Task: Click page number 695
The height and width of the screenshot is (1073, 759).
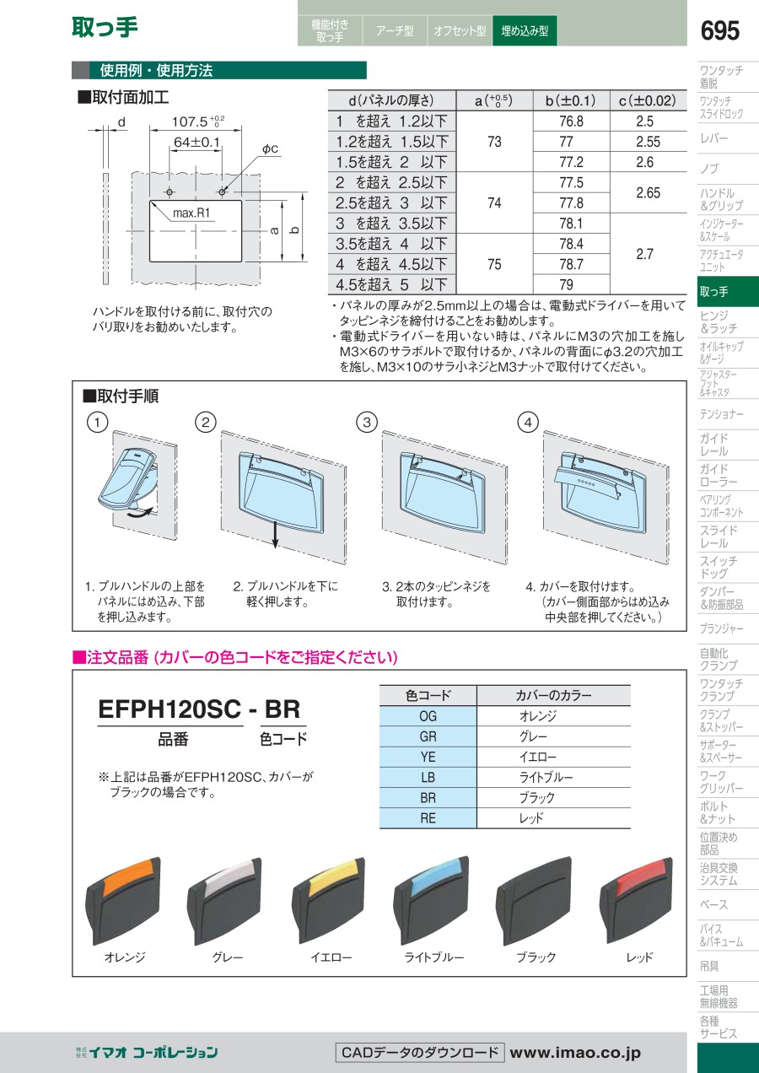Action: tap(719, 30)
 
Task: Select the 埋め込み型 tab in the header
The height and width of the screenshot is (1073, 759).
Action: tap(525, 31)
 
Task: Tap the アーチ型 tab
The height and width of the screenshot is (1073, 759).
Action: tap(395, 31)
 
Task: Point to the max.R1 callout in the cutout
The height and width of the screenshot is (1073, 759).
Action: tap(191, 213)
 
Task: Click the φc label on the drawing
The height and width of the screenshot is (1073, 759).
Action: tap(270, 148)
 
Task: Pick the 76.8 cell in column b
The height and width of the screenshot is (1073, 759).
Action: tap(571, 121)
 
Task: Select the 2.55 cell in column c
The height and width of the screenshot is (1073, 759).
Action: tap(649, 142)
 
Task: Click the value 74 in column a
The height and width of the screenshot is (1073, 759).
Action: tap(495, 203)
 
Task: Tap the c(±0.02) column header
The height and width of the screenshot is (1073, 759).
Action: tap(649, 100)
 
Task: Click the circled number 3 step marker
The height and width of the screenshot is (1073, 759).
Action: tap(367, 423)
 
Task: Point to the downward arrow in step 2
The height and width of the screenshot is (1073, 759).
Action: tap(275, 535)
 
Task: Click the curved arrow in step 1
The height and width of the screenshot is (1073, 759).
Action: tap(144, 514)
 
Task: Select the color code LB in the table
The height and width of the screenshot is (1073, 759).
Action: tap(428, 777)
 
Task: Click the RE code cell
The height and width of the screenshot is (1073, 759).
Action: tap(428, 818)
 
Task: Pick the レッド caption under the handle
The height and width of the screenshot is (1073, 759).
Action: tap(638, 957)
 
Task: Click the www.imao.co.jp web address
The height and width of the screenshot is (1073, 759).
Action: tap(575, 1052)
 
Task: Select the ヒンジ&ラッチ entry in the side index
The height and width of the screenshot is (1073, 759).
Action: tap(719, 322)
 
